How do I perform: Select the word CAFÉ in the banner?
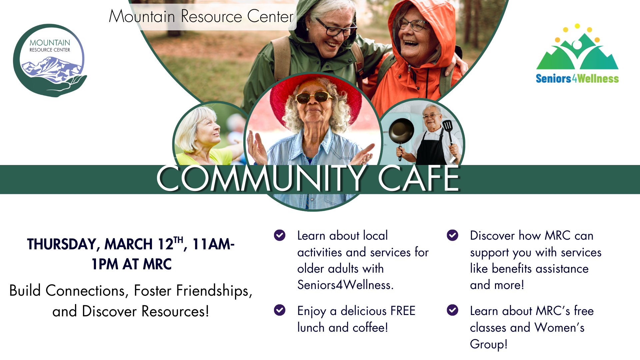418,179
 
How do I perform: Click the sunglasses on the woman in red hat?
313,98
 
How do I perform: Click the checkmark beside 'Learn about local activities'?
280,235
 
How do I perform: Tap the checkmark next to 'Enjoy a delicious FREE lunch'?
280,310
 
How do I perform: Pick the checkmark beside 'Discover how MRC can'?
452,235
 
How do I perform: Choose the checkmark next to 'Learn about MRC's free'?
452,310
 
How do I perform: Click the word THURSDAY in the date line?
62,244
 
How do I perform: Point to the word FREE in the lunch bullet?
403,311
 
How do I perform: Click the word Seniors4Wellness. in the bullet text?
345,285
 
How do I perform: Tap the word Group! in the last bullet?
489,344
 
